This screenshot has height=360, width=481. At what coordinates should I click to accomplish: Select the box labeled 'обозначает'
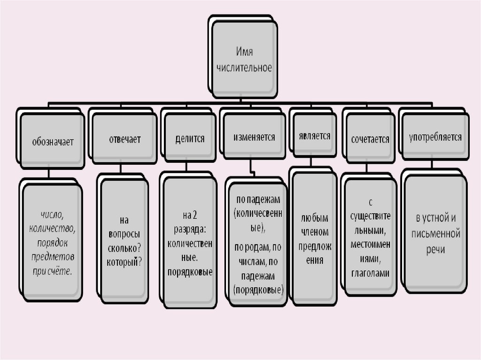point(53,141)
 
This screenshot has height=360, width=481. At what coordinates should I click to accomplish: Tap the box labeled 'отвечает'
point(124,139)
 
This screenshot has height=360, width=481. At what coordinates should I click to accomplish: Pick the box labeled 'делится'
point(190,138)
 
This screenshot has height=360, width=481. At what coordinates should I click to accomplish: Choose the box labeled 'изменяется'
point(254,138)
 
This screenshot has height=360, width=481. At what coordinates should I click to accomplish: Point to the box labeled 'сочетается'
point(370,139)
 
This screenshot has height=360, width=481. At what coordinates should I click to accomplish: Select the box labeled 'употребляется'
point(435,138)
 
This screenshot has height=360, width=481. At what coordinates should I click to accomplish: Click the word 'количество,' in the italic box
point(52,229)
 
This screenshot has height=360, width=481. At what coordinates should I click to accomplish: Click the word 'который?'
point(124,261)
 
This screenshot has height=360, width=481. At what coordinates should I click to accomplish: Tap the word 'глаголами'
point(370,274)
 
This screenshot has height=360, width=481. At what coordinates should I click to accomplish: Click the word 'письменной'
point(437,234)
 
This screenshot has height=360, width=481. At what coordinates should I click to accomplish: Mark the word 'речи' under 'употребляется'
point(436,249)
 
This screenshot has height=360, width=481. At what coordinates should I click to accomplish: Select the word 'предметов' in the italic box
point(52,257)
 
